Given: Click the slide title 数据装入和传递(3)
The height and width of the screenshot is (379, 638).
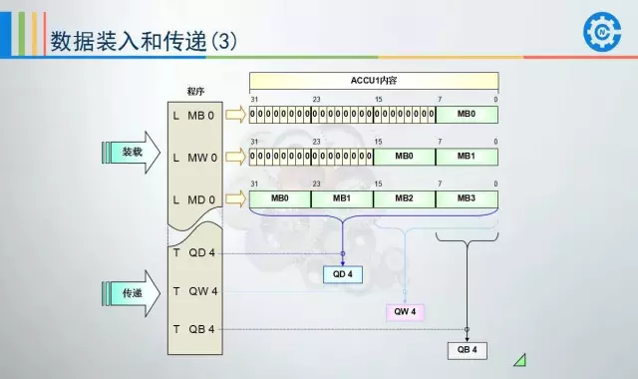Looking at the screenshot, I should (x=145, y=41).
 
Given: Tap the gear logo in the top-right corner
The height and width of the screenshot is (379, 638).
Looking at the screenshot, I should (x=601, y=32).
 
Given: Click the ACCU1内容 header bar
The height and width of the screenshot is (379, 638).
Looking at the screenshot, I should (x=373, y=79).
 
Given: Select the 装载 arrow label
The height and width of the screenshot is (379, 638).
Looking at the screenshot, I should (x=133, y=153).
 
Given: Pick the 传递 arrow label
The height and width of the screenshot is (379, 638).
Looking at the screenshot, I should (x=133, y=293).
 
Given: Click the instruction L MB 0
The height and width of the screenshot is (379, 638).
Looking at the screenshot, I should (x=194, y=115).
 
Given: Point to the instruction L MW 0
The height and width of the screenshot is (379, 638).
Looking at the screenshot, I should (x=194, y=157).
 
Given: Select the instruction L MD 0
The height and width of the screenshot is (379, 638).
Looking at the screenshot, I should (x=194, y=199).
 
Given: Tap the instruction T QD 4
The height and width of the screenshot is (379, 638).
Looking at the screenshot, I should (x=194, y=252).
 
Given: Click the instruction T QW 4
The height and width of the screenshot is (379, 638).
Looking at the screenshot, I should (x=194, y=291).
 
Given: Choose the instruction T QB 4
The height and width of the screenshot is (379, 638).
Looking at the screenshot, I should (x=194, y=329).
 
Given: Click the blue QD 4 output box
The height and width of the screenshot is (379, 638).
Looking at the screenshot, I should (x=342, y=274).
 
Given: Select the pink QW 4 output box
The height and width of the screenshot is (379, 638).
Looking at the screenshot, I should (x=406, y=312).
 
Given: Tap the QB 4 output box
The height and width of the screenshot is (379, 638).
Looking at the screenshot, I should (x=467, y=350).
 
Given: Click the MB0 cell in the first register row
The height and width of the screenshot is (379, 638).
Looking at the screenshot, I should (x=467, y=115).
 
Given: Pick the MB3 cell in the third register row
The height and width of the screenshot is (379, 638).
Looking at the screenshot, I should (x=467, y=198).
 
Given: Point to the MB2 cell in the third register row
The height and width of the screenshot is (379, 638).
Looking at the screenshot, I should (x=404, y=198).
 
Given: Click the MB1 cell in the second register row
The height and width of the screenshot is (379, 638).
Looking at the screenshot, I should (x=467, y=157).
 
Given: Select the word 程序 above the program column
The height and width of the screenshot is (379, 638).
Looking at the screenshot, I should (x=195, y=91).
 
